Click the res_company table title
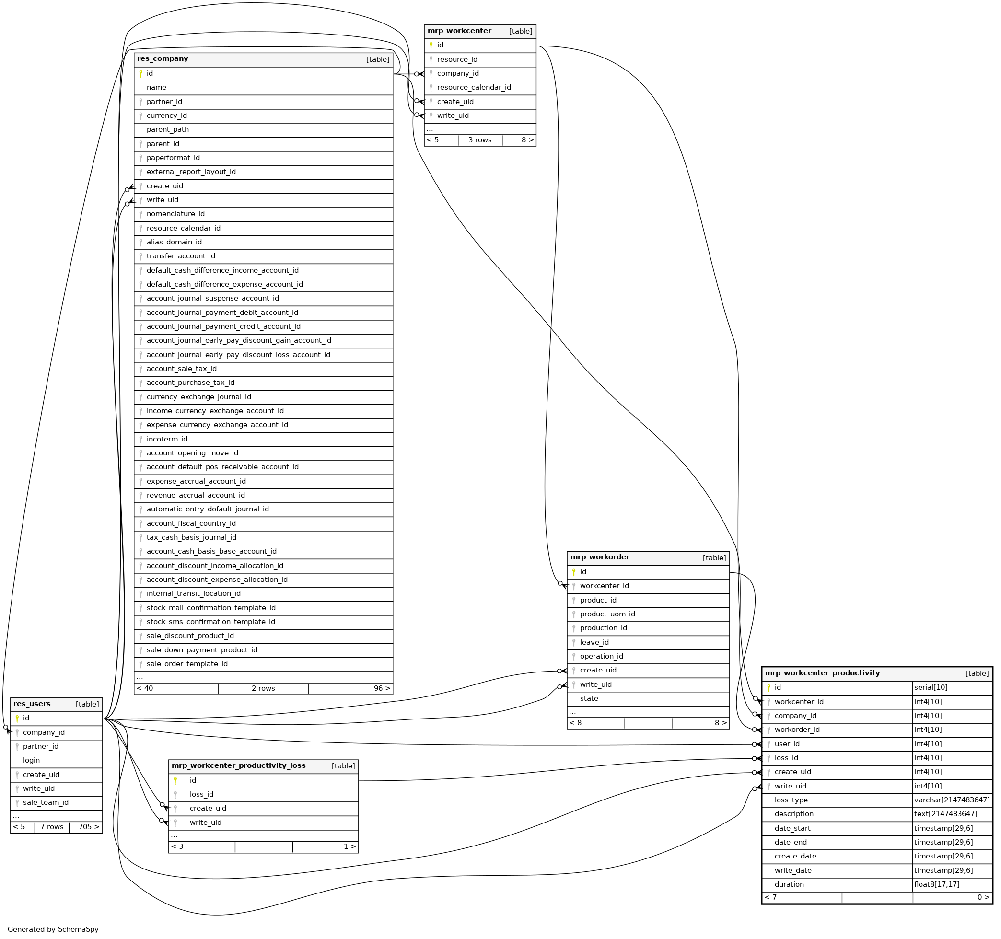click(x=163, y=59)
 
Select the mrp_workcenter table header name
click(x=459, y=31)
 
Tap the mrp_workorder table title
click(x=599, y=557)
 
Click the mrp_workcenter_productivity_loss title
click(x=238, y=766)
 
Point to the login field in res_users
click(x=31, y=760)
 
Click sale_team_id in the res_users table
click(x=46, y=802)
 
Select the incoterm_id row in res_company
click(x=167, y=439)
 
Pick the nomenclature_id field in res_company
click(x=175, y=214)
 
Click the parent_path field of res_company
click(x=168, y=129)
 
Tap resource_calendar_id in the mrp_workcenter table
click(x=474, y=88)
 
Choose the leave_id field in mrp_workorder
click(x=594, y=642)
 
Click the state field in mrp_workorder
click(x=589, y=699)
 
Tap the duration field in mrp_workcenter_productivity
click(x=789, y=885)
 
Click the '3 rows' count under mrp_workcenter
click(x=480, y=140)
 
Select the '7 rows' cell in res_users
click(x=52, y=827)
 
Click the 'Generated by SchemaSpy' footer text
click(x=53, y=929)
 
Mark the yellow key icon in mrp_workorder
click(x=573, y=572)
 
